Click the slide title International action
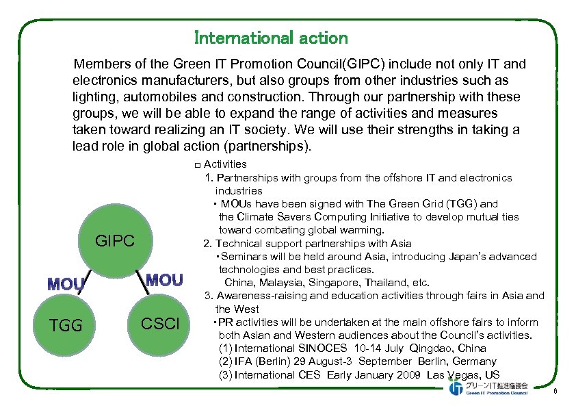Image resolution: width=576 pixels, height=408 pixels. pos(271,38)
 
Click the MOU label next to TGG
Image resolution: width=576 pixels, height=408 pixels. pos(66,283)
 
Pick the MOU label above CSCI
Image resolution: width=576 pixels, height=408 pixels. pos(165,279)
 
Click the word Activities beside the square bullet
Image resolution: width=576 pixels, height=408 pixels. pos(225,164)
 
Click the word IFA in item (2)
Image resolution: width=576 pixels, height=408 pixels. pos(244,361)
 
